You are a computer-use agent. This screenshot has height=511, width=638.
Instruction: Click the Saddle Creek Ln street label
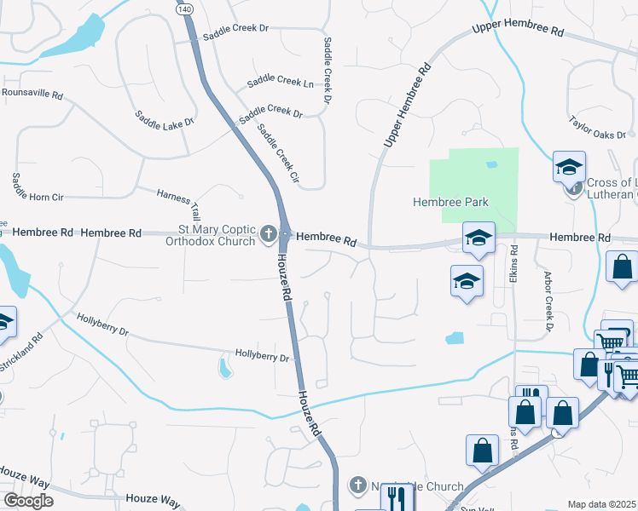click(x=280, y=82)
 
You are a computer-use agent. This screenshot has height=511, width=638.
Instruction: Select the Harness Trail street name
click(x=178, y=203)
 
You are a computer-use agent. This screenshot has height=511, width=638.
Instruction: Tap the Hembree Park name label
click(x=451, y=202)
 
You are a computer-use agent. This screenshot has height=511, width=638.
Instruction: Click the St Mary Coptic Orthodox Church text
click(x=204, y=235)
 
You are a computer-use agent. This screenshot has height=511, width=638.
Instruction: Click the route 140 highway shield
click(x=184, y=8)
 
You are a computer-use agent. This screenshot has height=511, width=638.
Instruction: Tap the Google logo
click(x=28, y=501)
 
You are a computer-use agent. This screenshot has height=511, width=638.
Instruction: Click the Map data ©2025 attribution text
click(x=602, y=504)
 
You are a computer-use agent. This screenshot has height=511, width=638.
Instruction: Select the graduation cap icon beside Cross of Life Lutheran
click(x=569, y=167)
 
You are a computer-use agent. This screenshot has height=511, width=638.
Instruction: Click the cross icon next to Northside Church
click(x=358, y=485)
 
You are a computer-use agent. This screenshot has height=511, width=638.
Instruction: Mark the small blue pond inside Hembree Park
click(x=490, y=164)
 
